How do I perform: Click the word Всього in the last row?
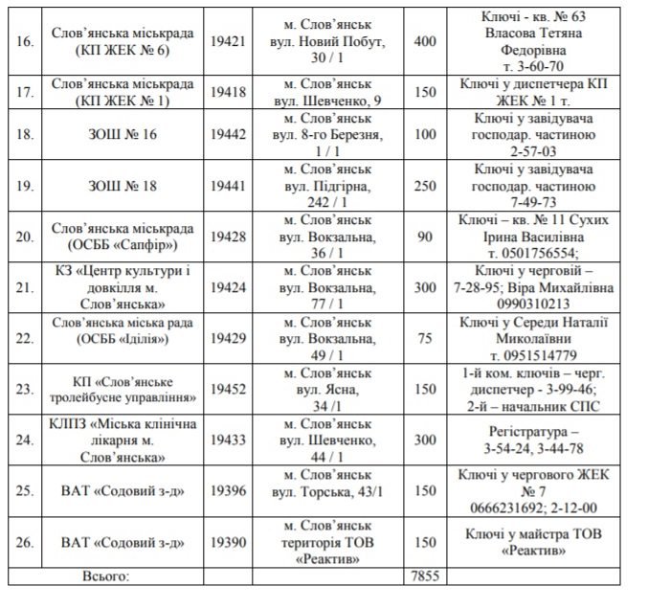106,575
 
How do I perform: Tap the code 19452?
227,390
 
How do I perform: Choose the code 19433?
227,440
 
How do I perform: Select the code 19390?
227,543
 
